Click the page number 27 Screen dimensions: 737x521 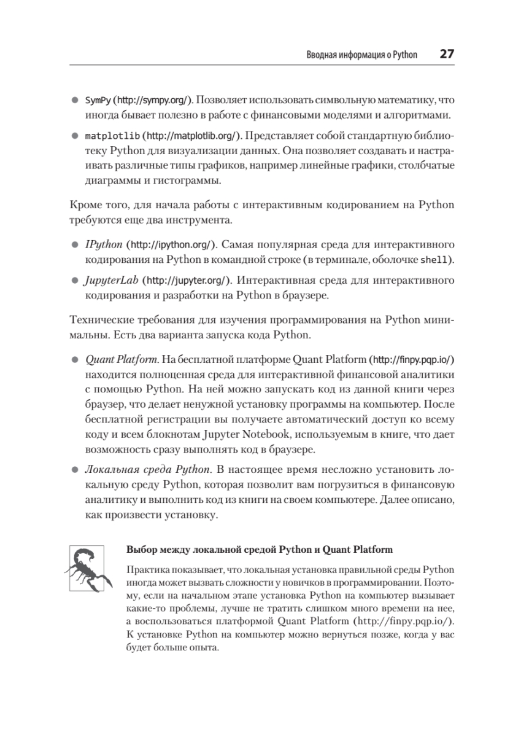[446, 54]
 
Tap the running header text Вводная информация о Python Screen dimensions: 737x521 [361, 55]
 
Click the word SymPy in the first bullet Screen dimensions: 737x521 [98, 99]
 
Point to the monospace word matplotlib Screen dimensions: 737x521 [113, 135]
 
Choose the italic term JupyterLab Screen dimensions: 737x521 [112, 281]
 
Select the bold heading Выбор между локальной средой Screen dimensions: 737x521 [201, 549]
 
